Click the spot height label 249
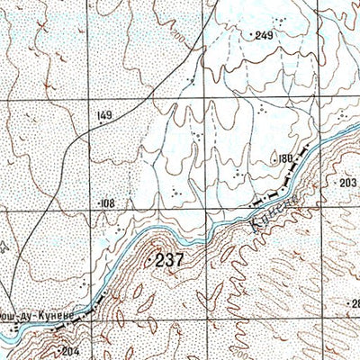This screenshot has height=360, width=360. point(263,35)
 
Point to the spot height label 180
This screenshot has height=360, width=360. point(285,158)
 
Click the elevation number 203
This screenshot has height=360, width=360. point(348,182)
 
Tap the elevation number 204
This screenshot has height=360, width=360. point(70,352)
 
